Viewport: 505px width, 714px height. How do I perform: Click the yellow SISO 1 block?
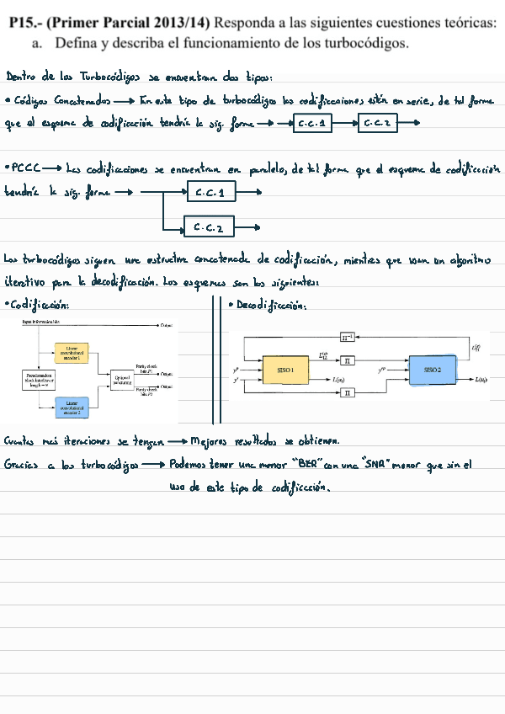pyautogui.click(x=285, y=370)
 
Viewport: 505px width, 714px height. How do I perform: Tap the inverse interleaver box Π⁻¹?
pyautogui.click(x=348, y=338)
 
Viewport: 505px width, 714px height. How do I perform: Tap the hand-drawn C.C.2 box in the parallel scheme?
pyautogui.click(x=208, y=226)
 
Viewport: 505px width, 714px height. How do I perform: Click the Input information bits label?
pyautogui.click(x=41, y=322)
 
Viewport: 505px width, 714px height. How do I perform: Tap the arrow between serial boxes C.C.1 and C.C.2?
pyautogui.click(x=344, y=125)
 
